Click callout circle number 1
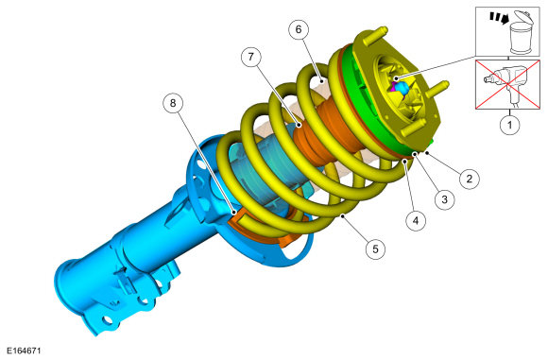[x=509, y=125]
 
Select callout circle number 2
[x=469, y=179]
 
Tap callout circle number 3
[x=445, y=199]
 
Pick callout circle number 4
[x=416, y=220]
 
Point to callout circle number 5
[x=375, y=249]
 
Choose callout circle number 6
[x=299, y=29]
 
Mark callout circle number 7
[x=251, y=57]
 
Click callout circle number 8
[x=173, y=103]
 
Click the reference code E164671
[x=24, y=351]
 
